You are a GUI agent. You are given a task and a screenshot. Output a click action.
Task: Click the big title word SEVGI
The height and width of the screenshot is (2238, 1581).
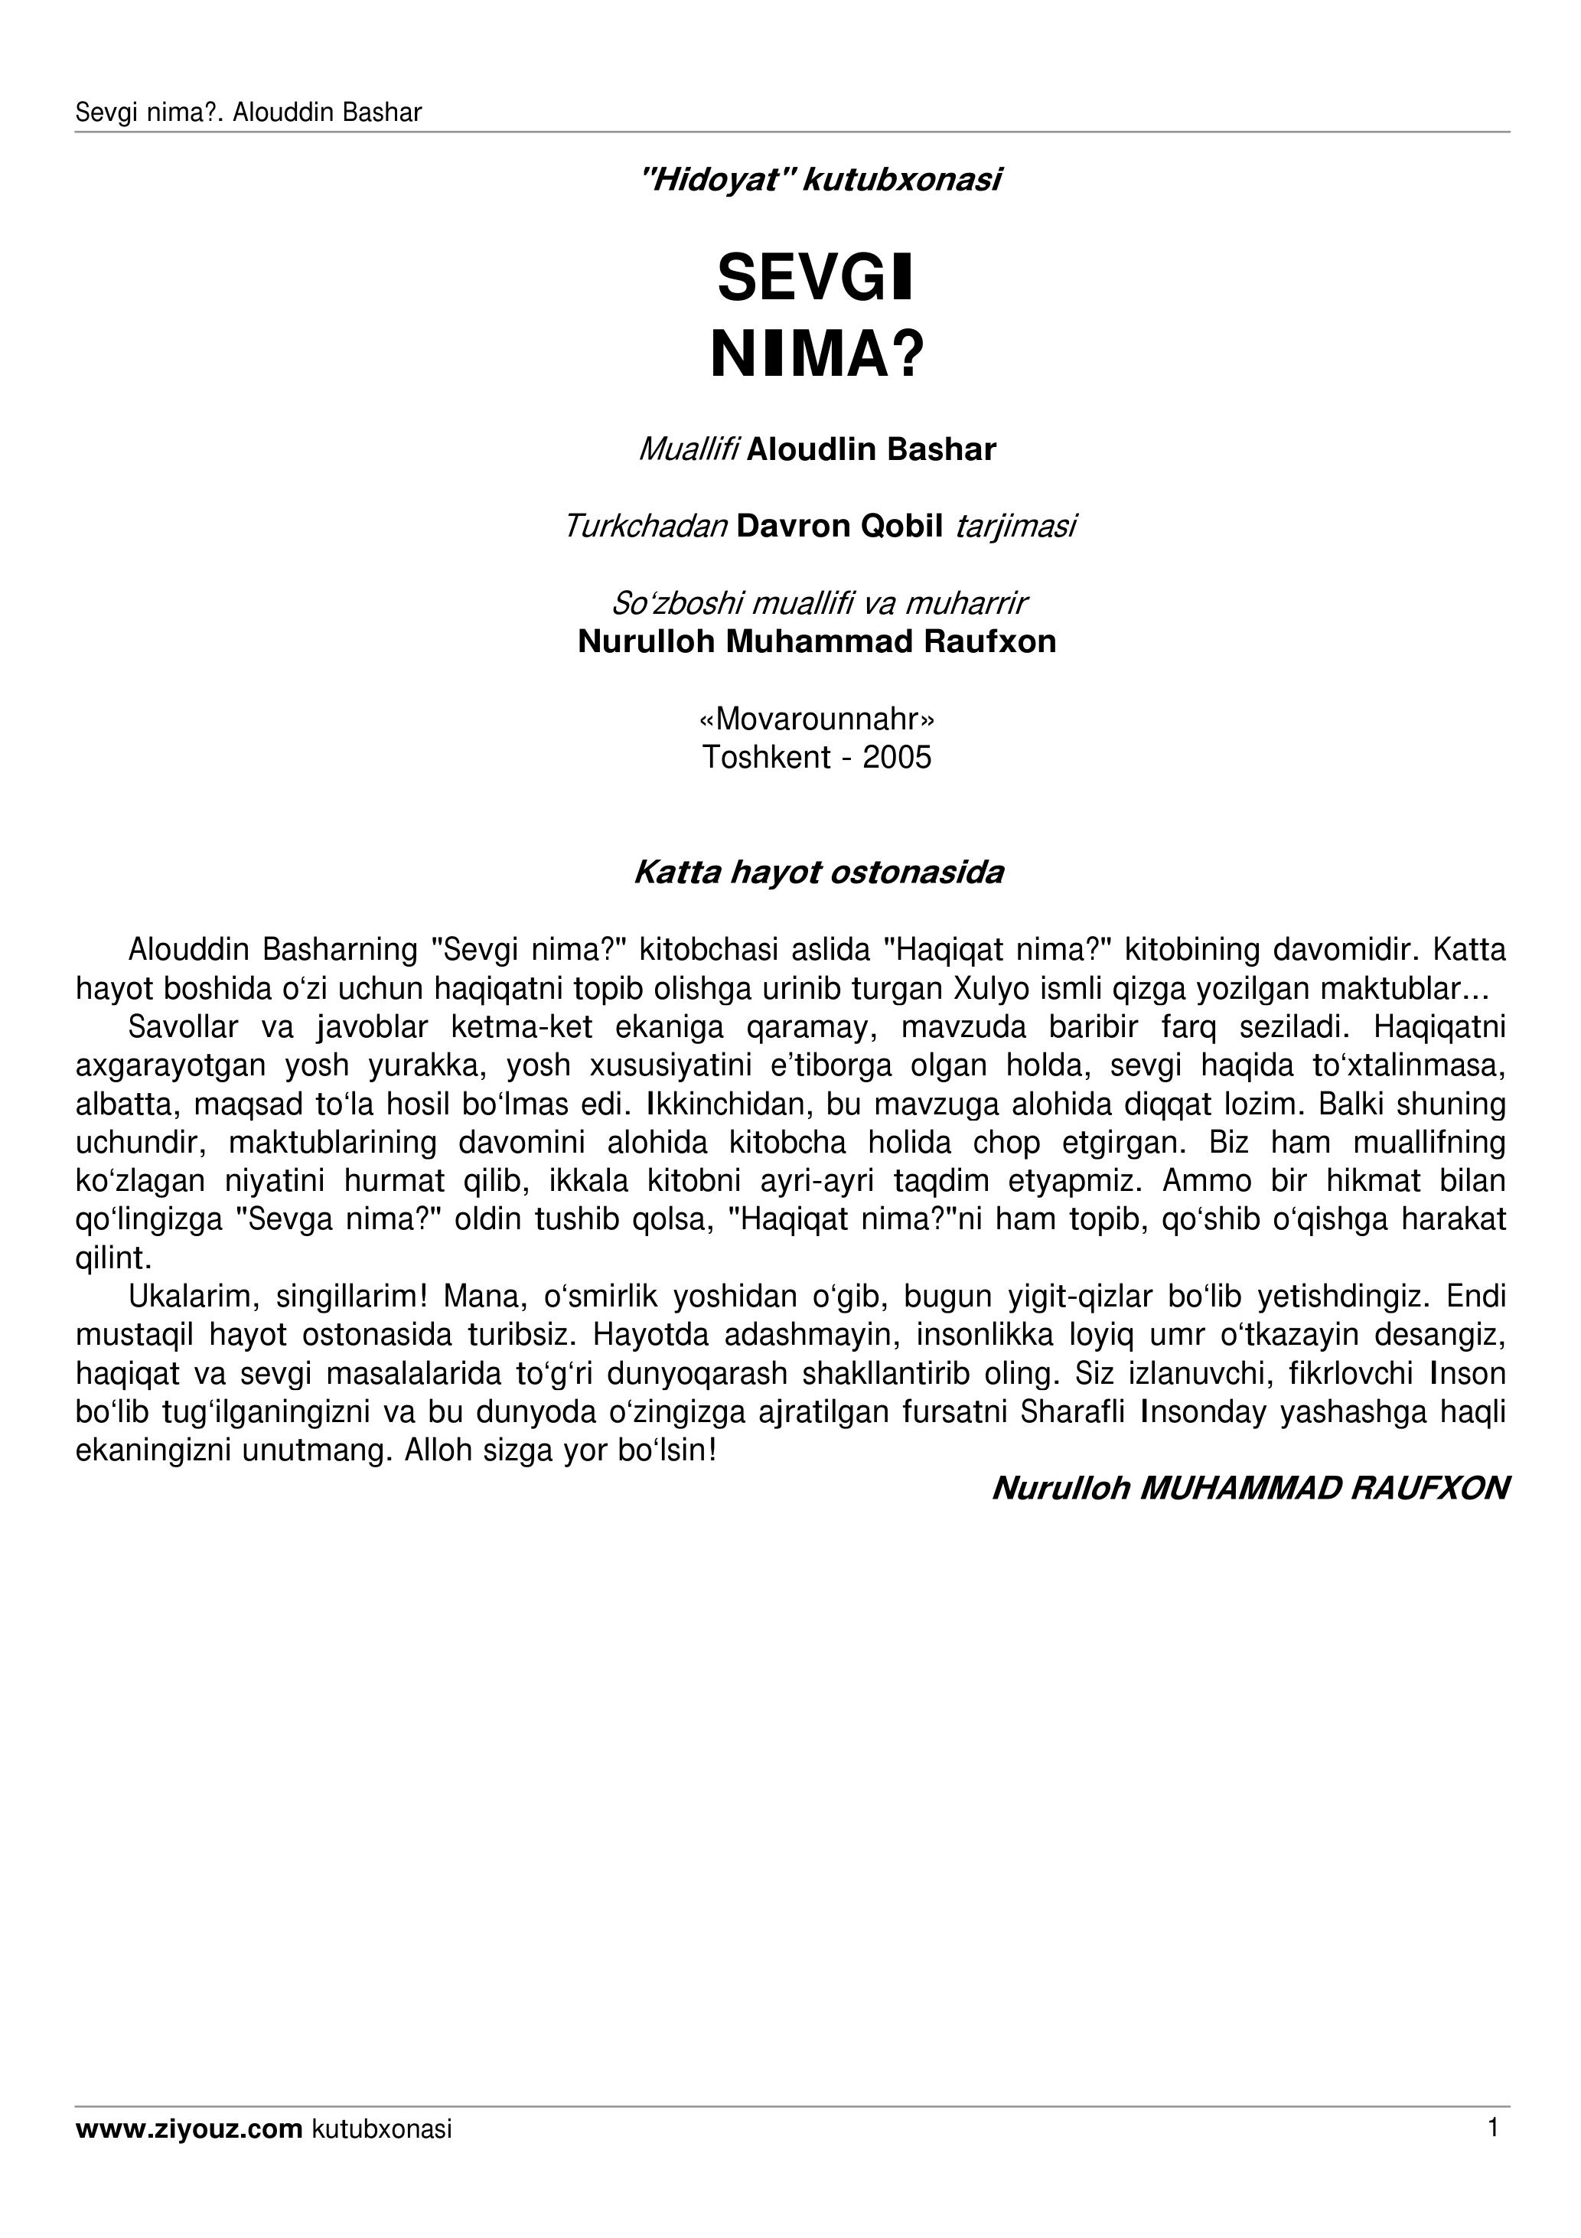click(x=816, y=279)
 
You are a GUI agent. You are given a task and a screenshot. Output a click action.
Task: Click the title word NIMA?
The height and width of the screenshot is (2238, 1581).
click(x=817, y=356)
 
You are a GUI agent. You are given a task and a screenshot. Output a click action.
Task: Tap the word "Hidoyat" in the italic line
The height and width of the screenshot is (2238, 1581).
click(x=715, y=181)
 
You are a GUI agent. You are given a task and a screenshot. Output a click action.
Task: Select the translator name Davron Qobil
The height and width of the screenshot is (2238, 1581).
click(x=839, y=527)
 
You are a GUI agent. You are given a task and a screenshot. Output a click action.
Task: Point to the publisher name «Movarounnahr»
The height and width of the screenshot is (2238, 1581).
click(x=817, y=719)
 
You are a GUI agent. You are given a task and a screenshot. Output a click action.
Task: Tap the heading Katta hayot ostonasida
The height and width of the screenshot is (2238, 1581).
click(x=819, y=872)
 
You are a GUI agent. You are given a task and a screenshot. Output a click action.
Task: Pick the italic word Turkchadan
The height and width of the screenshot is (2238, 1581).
click(x=645, y=527)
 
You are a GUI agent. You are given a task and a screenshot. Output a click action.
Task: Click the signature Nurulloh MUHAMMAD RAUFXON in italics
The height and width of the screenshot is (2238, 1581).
click(x=1250, y=1489)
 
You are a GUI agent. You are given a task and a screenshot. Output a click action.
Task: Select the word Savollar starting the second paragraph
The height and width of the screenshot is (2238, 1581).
click(x=183, y=1027)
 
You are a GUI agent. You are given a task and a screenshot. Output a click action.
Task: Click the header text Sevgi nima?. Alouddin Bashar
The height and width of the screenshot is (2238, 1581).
click(x=249, y=113)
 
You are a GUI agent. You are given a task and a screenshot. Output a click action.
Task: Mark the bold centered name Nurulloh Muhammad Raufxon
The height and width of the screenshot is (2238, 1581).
click(x=817, y=641)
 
